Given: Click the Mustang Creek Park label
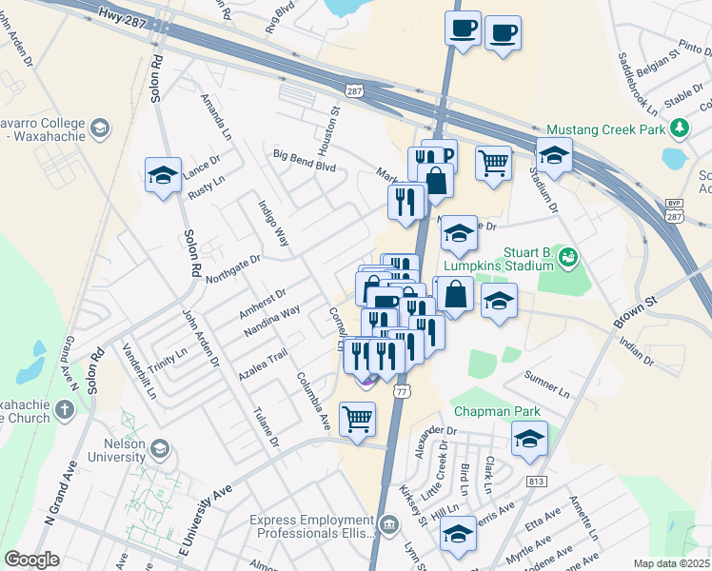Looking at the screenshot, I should click(x=605, y=128).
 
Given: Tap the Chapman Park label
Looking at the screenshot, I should click(x=497, y=411).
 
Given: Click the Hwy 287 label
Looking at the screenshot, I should click(x=123, y=17).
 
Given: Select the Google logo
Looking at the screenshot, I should click(x=31, y=560).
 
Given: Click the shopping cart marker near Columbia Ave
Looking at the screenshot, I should click(x=357, y=418).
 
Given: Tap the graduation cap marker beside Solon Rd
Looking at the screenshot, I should click(x=164, y=174).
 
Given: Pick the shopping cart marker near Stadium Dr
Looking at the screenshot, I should click(x=493, y=163).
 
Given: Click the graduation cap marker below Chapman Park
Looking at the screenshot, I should click(x=529, y=438).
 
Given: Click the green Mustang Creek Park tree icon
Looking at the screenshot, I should click(x=680, y=128).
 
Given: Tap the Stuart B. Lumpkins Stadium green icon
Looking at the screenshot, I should click(x=568, y=255).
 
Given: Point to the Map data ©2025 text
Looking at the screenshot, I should click(x=672, y=563).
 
